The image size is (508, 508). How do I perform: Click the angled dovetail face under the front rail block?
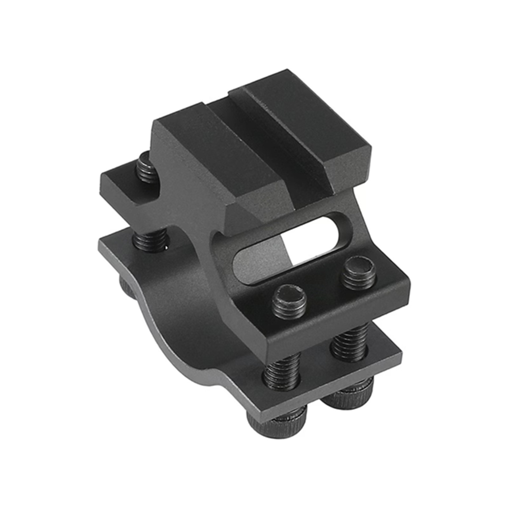point(254,210)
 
